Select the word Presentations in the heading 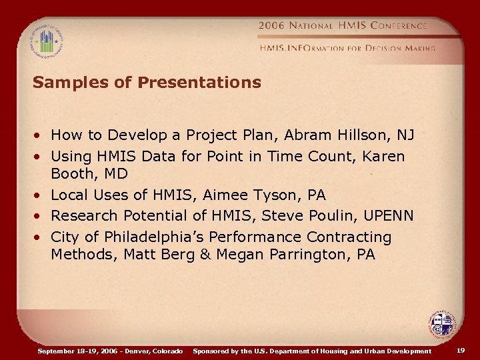(x=199, y=83)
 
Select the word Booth (x=72, y=174)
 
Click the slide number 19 (x=461, y=350)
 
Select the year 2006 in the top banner (x=272, y=26)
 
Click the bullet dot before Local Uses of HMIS (x=39, y=195)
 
